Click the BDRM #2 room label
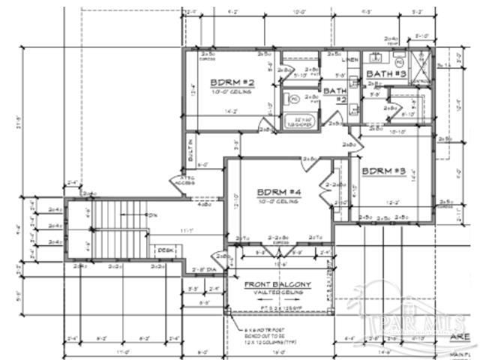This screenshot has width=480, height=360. pyautogui.click(x=232, y=82)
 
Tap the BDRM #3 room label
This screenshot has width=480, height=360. pyautogui.click(x=383, y=172)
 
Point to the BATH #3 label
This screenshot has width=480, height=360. pyautogui.click(x=385, y=73)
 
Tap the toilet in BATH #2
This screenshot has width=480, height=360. pyautogui.click(x=295, y=98)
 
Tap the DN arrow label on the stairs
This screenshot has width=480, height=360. pyautogui.click(x=153, y=215)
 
